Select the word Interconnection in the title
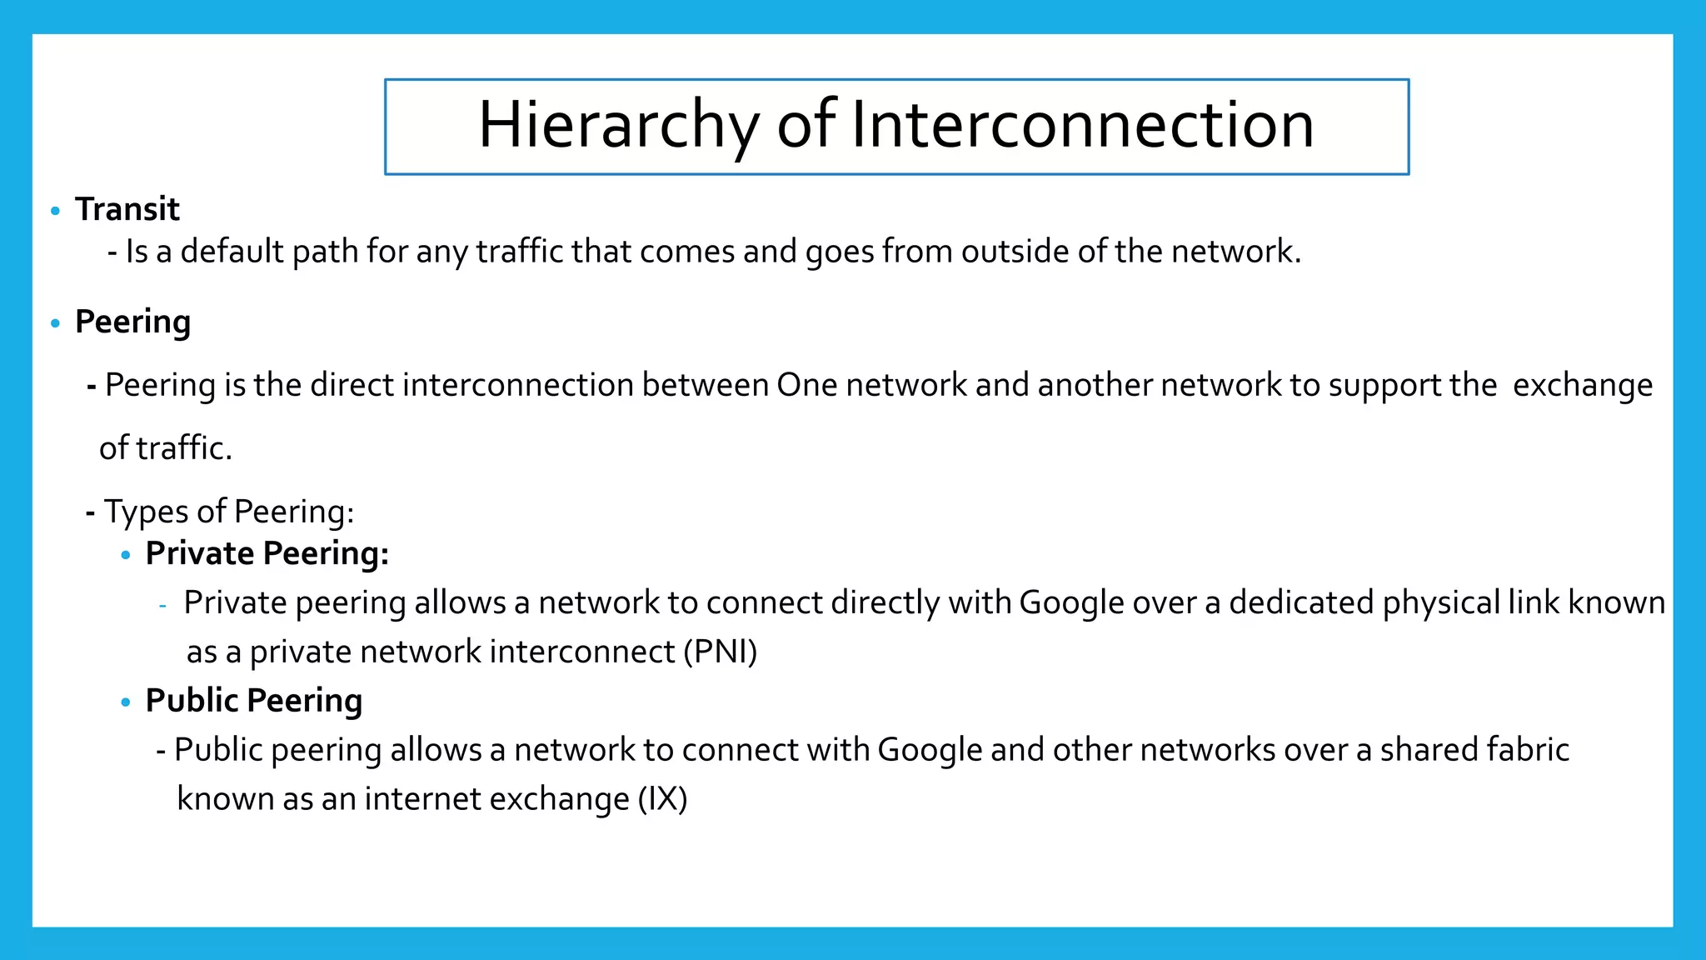(x=1082, y=125)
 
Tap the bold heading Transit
(x=127, y=209)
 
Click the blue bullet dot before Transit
(x=56, y=211)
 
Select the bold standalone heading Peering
(x=132, y=322)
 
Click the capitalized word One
(x=806, y=385)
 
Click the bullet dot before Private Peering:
(x=126, y=555)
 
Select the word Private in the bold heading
(x=199, y=553)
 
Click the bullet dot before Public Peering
(x=126, y=702)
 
